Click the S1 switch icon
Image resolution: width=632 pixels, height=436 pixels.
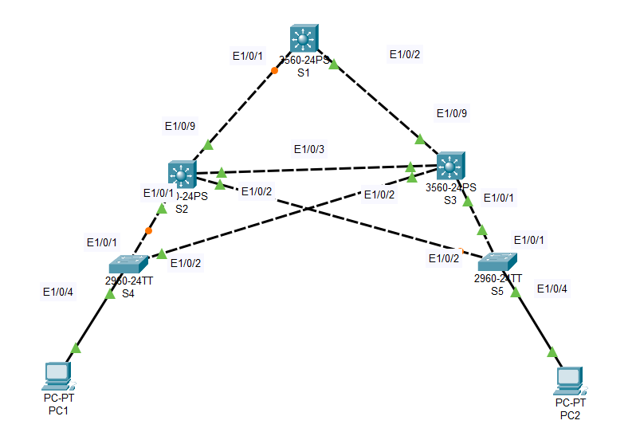tap(304, 38)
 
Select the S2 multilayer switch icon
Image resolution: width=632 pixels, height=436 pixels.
tap(182, 174)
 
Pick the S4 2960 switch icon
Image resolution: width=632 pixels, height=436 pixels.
tap(128, 264)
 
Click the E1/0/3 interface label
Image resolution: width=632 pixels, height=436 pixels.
tap(309, 149)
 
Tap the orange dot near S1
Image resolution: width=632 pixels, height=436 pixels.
tap(274, 71)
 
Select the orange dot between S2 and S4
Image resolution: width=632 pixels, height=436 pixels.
tap(148, 231)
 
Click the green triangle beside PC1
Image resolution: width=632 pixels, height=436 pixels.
tap(76, 348)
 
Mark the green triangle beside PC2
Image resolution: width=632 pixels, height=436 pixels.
tap(552, 351)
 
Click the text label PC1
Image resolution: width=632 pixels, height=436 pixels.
tap(58, 410)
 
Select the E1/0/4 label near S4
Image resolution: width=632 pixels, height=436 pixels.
tap(58, 293)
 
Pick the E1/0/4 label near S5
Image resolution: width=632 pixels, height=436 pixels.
tap(552, 288)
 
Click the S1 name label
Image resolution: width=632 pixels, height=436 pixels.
tap(303, 73)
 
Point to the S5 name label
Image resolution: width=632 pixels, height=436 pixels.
tap(497, 292)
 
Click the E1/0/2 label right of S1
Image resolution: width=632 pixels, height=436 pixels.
tap(405, 54)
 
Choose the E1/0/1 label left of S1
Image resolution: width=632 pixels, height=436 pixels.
tap(248, 56)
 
